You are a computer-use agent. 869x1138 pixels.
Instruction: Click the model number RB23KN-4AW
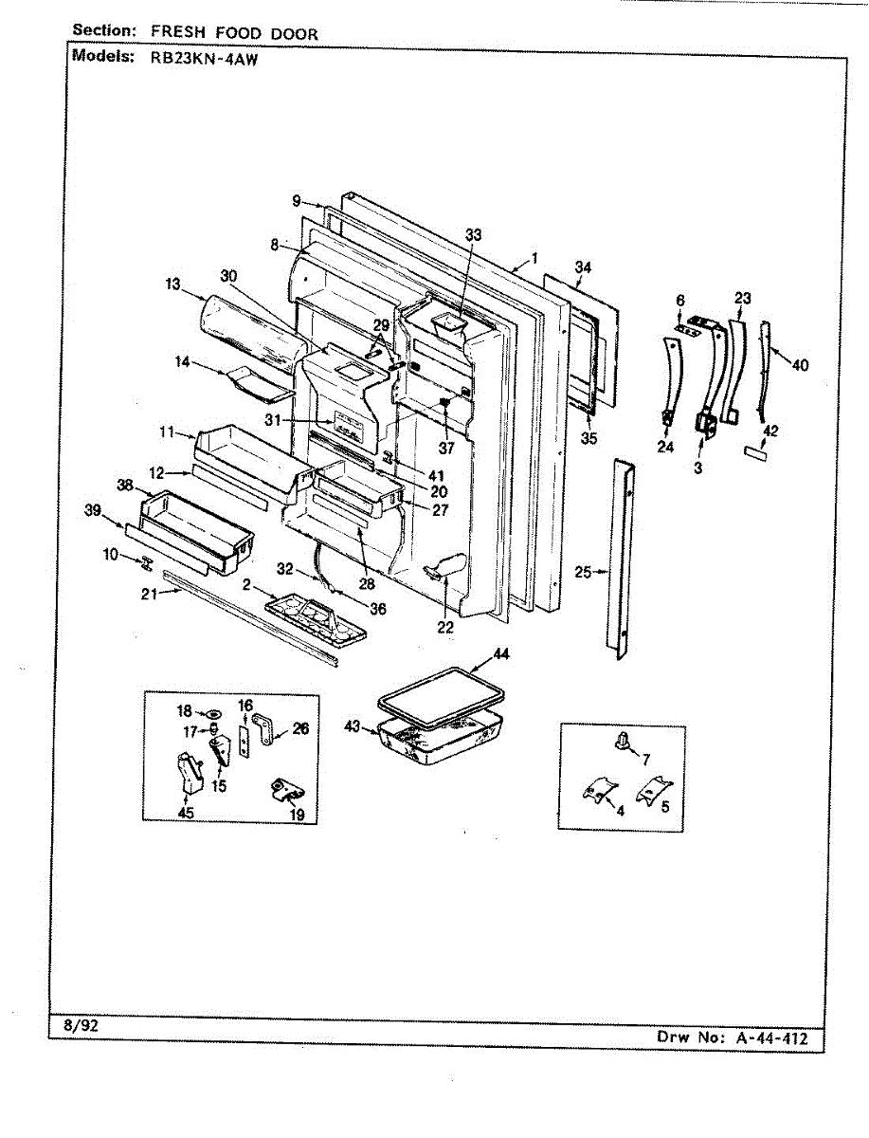199,55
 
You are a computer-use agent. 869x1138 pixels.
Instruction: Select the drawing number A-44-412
771,1037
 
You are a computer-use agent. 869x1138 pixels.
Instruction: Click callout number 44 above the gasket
500,655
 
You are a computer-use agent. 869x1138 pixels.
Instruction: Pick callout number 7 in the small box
645,760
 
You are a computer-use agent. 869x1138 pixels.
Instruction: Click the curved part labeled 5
653,788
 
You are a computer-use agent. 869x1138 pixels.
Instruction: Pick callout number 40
801,364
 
